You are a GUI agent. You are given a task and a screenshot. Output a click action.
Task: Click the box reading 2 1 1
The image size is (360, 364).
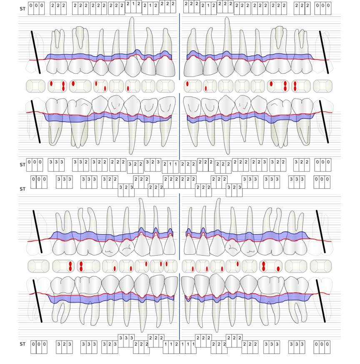(x=170, y=165)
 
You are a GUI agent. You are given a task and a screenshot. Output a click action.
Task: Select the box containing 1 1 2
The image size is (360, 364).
(x=171, y=344)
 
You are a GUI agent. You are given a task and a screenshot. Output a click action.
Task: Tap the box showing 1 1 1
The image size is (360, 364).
(x=187, y=344)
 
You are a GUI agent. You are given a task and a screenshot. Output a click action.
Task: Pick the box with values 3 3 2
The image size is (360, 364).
(x=80, y=162)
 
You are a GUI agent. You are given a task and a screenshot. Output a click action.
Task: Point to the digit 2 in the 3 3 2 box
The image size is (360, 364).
(x=86, y=162)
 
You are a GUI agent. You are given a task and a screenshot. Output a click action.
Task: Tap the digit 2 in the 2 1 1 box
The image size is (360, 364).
(x=165, y=165)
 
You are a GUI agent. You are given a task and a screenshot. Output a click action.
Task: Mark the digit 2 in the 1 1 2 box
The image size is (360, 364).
(x=177, y=344)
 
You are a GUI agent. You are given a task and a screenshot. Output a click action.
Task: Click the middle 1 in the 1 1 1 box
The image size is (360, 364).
(x=187, y=344)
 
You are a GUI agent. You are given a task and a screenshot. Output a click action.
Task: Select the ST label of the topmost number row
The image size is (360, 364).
(x=22, y=8)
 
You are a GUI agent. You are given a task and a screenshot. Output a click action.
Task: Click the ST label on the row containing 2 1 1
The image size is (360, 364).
(x=22, y=165)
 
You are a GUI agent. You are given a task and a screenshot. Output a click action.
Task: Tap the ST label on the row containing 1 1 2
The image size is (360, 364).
(x=22, y=344)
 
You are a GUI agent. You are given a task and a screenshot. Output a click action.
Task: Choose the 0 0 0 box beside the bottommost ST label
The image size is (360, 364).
(x=38, y=344)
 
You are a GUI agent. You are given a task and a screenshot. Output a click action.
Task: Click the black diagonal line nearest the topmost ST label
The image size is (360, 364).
(x=35, y=52)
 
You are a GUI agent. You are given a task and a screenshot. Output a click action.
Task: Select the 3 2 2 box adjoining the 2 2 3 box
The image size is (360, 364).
(x=277, y=162)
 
